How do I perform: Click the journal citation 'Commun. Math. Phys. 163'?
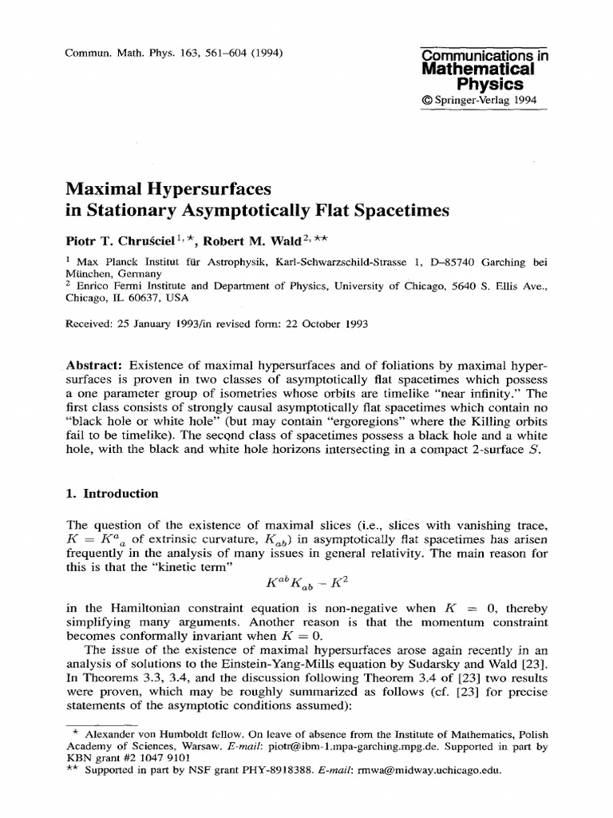128,54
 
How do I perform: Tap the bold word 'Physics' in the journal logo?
489,84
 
